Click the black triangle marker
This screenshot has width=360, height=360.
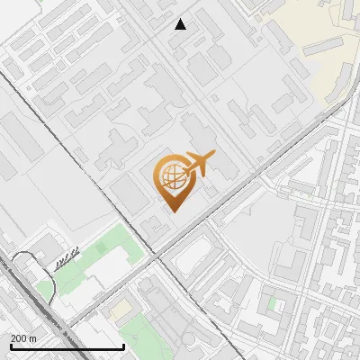[181, 24]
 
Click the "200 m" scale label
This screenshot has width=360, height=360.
[24, 338]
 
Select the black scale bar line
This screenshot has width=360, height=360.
[67, 346]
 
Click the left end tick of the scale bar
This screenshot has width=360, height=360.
[11, 345]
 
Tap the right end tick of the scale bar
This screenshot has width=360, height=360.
[123, 345]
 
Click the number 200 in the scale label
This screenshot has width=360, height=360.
[20, 338]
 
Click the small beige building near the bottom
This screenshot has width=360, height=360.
[120, 310]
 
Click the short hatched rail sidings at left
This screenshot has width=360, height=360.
[66, 260]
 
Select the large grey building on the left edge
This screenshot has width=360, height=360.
[9, 166]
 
